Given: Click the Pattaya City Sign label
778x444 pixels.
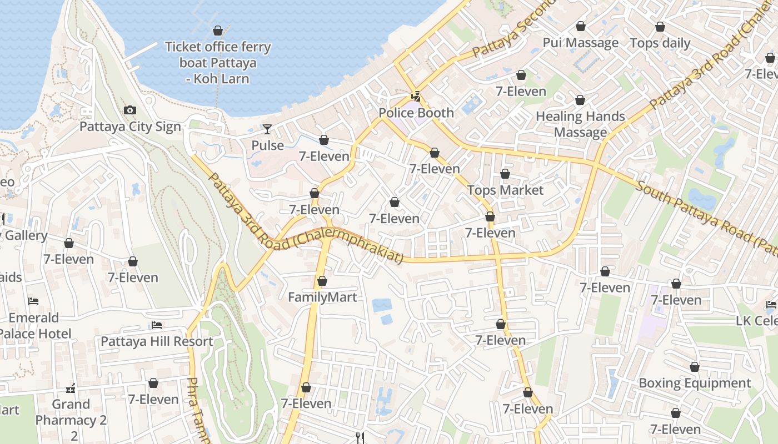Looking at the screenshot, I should (130, 127).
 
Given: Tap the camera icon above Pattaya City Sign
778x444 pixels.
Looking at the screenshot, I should (130, 110).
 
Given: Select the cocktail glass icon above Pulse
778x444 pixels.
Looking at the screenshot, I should (267, 129).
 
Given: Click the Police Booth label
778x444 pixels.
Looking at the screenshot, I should (416, 113).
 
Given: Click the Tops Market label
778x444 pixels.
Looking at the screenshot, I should (505, 190).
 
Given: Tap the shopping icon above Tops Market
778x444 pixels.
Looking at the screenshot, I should (505, 174).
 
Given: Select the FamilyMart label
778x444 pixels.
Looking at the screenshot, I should (322, 297).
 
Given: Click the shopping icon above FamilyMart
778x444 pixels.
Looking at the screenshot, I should (322, 281).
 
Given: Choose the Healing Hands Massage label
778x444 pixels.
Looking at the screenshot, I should (580, 124).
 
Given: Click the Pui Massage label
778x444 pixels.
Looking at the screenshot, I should (580, 43).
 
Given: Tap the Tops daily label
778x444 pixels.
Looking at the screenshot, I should (660, 43).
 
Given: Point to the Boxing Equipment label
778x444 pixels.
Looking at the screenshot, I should (695, 383).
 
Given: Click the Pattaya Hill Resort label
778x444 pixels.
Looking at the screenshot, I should (157, 341).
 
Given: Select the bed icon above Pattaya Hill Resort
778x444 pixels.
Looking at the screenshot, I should (157, 325).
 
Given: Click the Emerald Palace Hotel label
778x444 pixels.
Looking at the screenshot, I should (34, 325).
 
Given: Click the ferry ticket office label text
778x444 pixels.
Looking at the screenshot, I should (218, 63).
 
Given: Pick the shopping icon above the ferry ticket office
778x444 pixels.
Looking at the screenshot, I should (218, 31).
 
